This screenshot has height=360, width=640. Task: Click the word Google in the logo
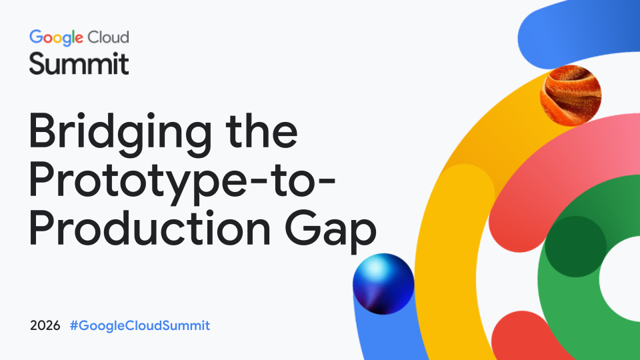56,38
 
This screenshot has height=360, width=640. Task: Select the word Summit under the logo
79,63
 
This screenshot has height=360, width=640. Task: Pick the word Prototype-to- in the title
182,181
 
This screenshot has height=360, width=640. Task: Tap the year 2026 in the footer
45,326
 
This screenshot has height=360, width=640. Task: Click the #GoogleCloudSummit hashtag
140,326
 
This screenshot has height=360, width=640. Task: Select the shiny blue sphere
383,284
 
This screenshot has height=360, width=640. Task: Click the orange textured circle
571,95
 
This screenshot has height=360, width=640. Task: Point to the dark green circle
575,247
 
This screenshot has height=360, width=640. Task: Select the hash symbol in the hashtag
74,326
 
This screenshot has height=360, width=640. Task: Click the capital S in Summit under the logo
37,63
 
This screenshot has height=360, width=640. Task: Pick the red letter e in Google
79,39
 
